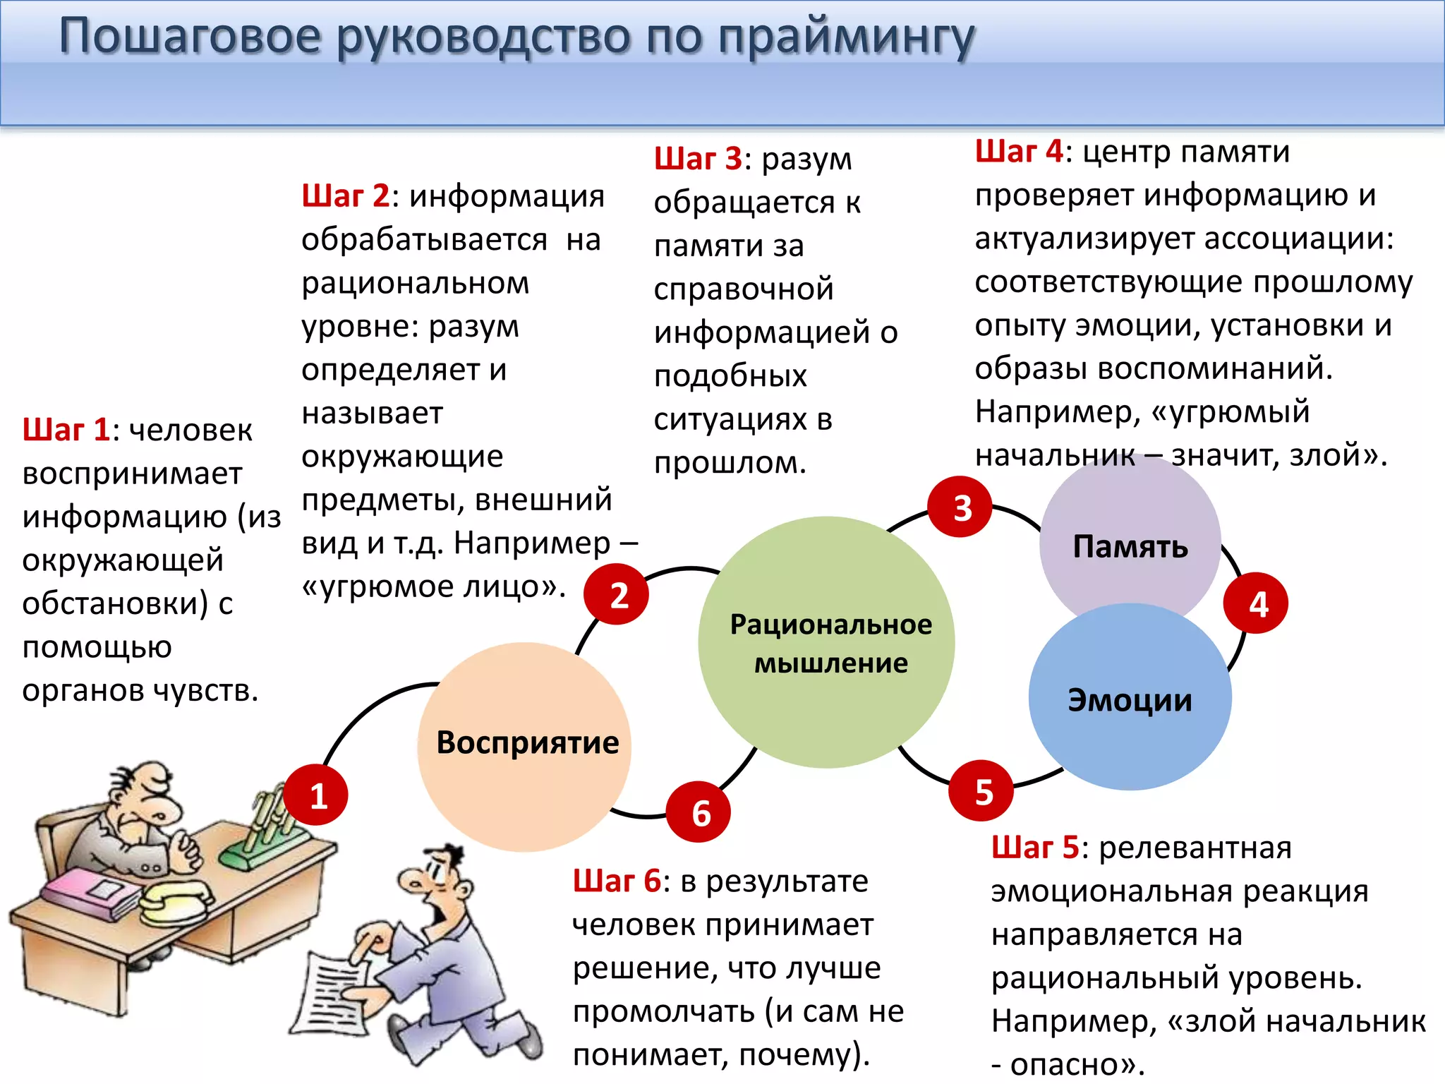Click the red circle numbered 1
[315, 795]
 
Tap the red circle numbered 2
[616, 594]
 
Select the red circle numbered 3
[960, 507]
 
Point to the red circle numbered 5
[981, 790]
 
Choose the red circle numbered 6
[699, 812]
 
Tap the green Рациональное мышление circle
[827, 642]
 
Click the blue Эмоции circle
[1130, 699]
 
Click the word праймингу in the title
[847, 37]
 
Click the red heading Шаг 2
[345, 196]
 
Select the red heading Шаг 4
[1018, 151]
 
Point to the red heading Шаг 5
[1034, 848]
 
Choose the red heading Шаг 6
[616, 881]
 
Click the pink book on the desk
[92, 893]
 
